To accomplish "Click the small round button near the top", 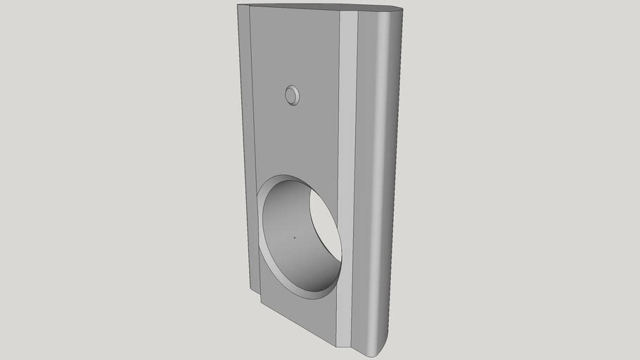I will pyautogui.click(x=293, y=95).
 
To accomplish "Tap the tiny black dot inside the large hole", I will pyautogui.click(x=295, y=238).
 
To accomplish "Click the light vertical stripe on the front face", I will pyautogui.click(x=347, y=176).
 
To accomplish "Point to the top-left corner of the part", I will pyautogui.click(x=240, y=6).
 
